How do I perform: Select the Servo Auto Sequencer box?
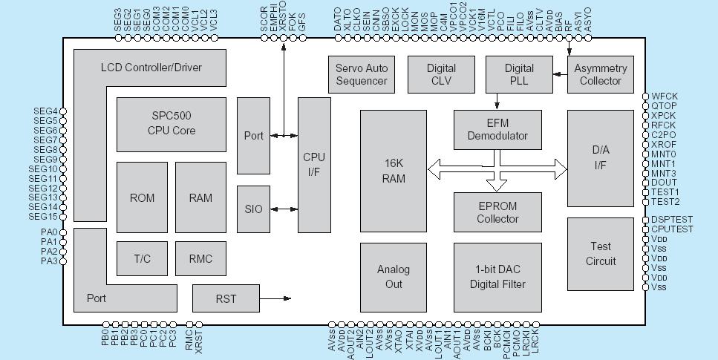(361, 74)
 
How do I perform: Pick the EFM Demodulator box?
(497, 128)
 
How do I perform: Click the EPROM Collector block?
(497, 212)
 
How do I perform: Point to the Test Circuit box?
(600, 253)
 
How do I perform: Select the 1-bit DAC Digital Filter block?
(497, 277)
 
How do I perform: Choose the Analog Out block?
(393, 277)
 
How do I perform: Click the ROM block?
(142, 197)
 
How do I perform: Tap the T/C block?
(142, 258)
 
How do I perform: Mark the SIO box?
(253, 209)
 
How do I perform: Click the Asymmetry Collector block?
(600, 74)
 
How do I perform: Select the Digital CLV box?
(441, 74)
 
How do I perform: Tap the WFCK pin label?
(664, 96)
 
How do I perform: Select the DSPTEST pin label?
(671, 220)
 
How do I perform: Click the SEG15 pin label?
(45, 217)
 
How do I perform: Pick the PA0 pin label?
(49, 232)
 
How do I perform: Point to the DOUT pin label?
(663, 183)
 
